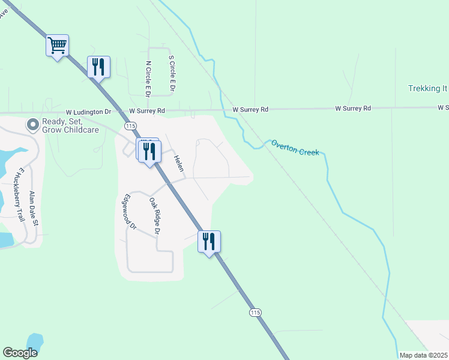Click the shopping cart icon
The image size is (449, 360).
[58, 45]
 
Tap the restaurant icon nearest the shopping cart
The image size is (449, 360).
[99, 66]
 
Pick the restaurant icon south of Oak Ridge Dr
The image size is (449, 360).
[209, 241]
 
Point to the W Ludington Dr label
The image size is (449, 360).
[89, 112]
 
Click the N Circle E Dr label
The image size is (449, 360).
[148, 78]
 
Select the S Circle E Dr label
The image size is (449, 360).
[172, 74]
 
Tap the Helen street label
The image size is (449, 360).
[178, 163]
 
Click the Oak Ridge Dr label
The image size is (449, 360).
[155, 215]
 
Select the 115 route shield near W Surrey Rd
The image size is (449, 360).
[130, 125]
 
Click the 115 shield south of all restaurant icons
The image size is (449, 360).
[255, 313]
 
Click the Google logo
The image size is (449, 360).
[20, 352]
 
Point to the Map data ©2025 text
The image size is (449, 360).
[423, 355]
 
